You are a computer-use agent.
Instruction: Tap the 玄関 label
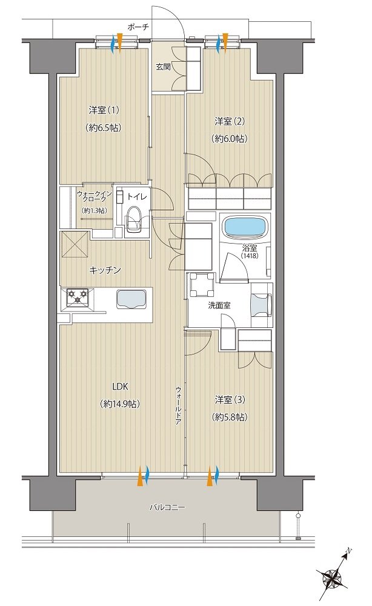coord(163,67)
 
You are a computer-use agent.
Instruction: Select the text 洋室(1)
coord(104,110)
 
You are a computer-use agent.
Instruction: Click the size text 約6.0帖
coord(230,138)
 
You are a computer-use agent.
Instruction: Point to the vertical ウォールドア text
coord(178,405)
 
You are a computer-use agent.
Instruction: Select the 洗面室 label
coord(219,305)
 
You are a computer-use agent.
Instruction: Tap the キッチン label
coord(105,270)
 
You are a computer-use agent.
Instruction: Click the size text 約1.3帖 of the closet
coord(95,211)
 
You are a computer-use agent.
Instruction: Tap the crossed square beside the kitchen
coord(75,245)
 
